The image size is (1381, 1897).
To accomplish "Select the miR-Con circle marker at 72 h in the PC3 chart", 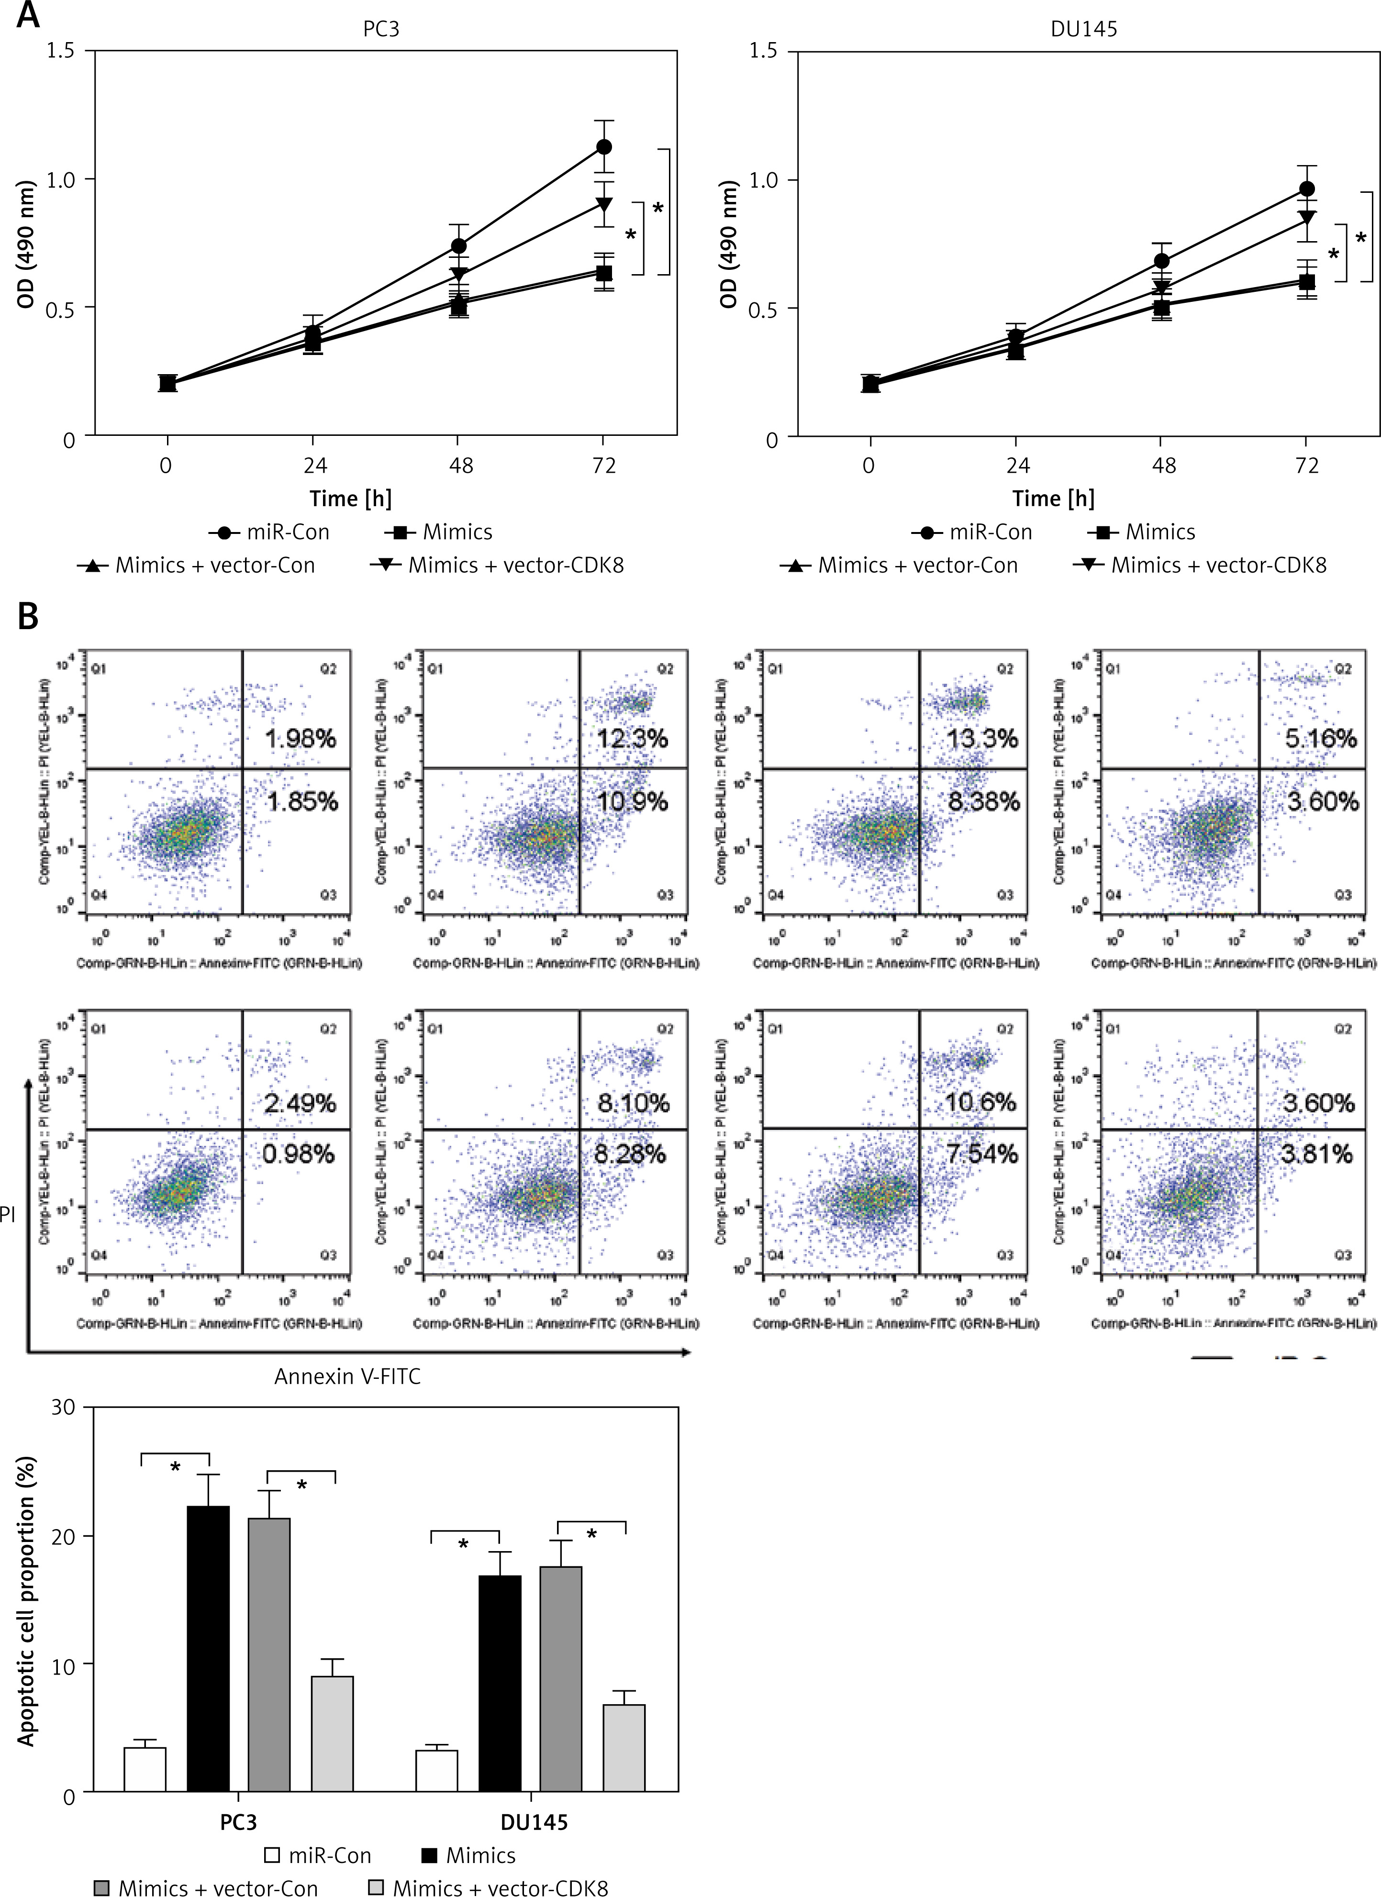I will [603, 147].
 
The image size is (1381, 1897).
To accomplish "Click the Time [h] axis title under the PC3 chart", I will [350, 499].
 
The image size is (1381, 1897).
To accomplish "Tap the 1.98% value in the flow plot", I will [301, 739].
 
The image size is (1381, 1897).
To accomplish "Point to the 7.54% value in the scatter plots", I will [982, 1154].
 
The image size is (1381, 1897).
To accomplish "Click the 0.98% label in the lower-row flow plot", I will [299, 1154].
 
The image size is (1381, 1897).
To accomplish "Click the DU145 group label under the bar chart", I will [534, 1822].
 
